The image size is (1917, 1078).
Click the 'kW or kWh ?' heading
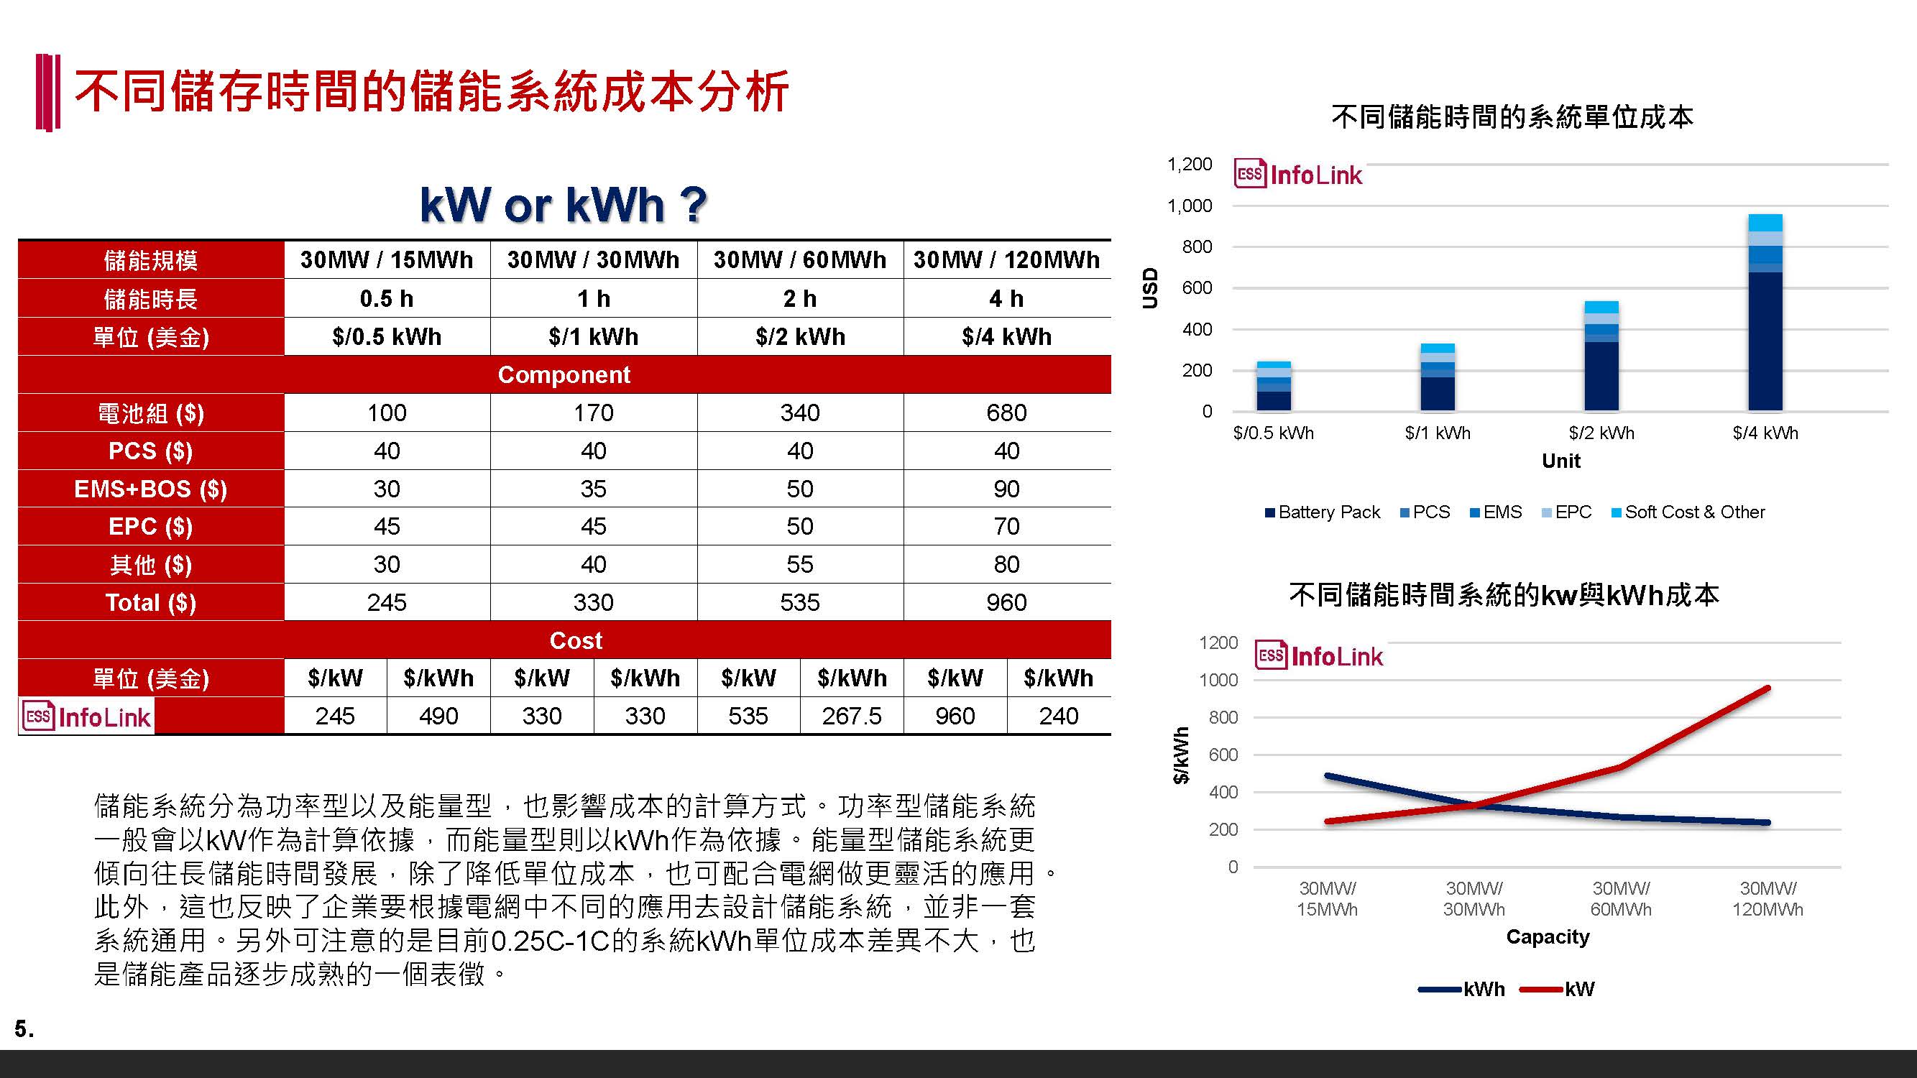pos(564,204)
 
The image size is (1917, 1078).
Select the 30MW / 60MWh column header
pos(800,259)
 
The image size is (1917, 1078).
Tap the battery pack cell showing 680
pos(1006,413)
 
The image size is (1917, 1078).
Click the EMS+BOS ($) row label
pos(151,489)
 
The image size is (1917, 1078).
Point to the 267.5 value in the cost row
pos(851,716)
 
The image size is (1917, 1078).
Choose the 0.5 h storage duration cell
pos(386,298)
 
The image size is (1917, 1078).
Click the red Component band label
pos(564,374)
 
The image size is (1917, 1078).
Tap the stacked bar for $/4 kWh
pos(1765,313)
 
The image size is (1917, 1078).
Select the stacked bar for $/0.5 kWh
pos(1274,386)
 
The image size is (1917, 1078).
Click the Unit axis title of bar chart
pos(1560,461)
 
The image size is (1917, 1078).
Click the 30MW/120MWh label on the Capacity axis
pos(1767,899)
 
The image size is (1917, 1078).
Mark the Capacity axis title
pos(1547,936)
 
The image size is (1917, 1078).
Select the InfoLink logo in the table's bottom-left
pos(87,717)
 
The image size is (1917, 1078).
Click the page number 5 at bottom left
pos(24,1029)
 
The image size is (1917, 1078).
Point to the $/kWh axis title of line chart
pos(1180,755)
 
